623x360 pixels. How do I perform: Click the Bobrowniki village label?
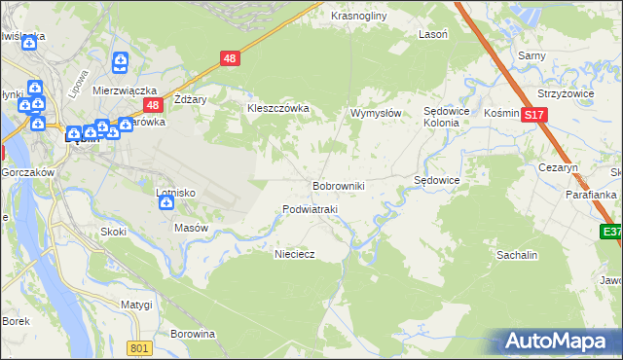pyautogui.click(x=338, y=185)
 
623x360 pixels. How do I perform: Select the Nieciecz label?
pyautogui.click(x=294, y=253)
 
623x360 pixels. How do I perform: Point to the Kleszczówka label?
pyautogui.click(x=277, y=109)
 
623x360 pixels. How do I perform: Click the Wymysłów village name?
pyautogui.click(x=376, y=114)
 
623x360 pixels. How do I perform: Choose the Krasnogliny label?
pyautogui.click(x=359, y=17)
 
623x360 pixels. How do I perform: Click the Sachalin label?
pyautogui.click(x=517, y=254)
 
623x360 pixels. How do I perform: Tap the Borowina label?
pyautogui.click(x=192, y=334)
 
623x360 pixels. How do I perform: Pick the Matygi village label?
pyautogui.click(x=136, y=305)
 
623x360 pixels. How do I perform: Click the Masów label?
pyautogui.click(x=191, y=228)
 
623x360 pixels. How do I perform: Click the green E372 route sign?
pyautogui.click(x=611, y=232)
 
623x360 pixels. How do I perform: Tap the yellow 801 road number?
pyautogui.click(x=140, y=348)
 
